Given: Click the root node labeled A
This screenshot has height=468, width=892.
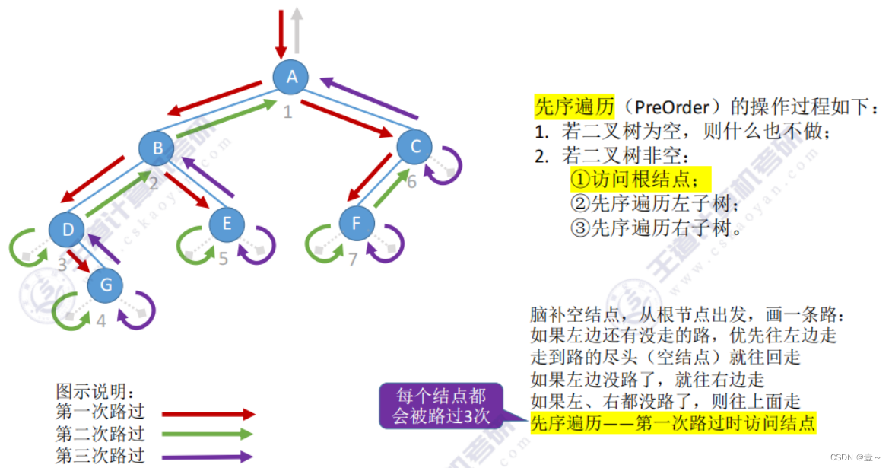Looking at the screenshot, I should click(x=291, y=76).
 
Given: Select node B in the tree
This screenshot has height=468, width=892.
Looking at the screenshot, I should click(x=157, y=148).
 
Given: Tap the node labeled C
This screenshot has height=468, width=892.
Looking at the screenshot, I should click(x=414, y=147).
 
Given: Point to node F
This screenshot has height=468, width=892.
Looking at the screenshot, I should click(x=357, y=223).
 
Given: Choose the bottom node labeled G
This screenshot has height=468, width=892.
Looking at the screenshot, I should click(x=106, y=285).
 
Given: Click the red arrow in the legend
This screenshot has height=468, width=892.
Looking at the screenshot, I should click(x=208, y=415).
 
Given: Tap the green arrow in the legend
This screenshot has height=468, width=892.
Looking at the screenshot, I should click(x=208, y=435).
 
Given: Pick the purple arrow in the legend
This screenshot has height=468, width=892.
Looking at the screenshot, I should click(x=208, y=457).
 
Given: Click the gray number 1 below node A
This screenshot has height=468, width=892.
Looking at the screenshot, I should click(x=287, y=113).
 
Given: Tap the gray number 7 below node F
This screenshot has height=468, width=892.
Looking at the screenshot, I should click(x=353, y=260).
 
